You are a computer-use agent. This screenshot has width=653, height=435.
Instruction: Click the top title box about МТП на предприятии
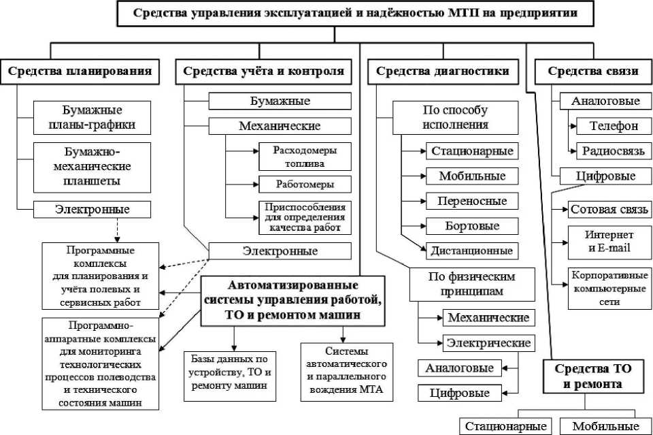click(x=356, y=14)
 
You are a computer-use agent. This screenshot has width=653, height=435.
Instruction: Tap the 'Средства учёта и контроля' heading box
click(x=263, y=71)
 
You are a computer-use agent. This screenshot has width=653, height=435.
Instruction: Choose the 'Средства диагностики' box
click(x=442, y=71)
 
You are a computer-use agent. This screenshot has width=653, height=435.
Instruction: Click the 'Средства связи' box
click(x=592, y=71)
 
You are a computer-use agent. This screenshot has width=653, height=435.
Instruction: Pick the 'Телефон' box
click(x=613, y=126)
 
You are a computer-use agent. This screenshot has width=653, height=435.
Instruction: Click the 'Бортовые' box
click(x=472, y=225)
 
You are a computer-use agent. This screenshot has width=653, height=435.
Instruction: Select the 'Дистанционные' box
click(x=472, y=250)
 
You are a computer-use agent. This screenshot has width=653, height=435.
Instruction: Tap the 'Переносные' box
click(x=472, y=201)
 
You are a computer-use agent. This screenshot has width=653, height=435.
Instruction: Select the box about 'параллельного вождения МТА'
click(x=346, y=370)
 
